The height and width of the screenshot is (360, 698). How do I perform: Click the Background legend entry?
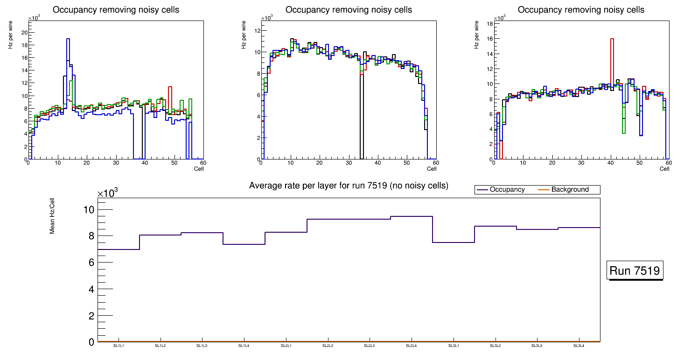tap(570, 190)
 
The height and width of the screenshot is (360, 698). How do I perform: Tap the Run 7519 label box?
tap(635, 271)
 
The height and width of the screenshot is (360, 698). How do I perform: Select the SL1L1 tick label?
tap(119, 346)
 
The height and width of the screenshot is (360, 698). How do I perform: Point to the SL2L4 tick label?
tap(411, 346)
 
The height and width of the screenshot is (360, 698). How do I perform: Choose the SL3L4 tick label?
tap(579, 346)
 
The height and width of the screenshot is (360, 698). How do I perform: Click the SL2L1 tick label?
tap(286, 346)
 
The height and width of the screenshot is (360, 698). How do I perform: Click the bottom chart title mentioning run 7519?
tap(349, 186)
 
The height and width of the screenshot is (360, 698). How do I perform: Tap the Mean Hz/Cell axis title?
tap(53, 215)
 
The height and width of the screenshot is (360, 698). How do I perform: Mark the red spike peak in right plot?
tap(612, 39)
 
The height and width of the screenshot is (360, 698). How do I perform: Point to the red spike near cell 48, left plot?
tap(170, 87)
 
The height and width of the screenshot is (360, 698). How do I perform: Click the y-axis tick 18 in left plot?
tap(24, 45)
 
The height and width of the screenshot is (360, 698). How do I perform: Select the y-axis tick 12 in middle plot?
tap(257, 31)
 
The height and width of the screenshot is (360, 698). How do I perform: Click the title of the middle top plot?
tap(349, 10)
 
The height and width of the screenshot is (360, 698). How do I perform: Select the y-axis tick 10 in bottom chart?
tap(88, 209)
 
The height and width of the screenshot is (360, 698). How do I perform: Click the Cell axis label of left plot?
tap(199, 168)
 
